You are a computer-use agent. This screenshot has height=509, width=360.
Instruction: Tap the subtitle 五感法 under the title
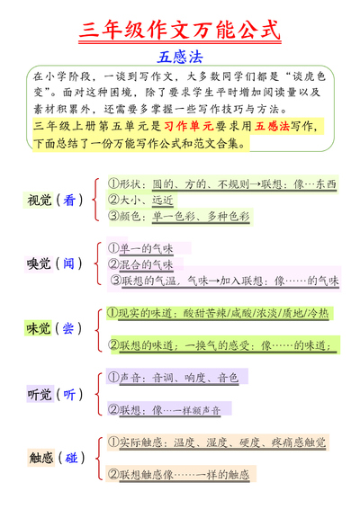[180, 56]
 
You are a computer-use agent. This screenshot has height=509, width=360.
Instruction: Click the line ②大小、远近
[140, 200]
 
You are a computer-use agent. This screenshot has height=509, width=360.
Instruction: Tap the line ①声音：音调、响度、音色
[173, 378]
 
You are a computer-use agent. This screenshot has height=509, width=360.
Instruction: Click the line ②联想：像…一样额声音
[169, 409]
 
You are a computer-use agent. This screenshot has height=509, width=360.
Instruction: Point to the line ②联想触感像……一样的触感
[178, 474]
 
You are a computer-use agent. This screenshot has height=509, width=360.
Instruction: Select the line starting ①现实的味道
[217, 313]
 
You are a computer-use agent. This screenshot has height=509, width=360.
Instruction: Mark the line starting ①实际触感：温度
[216, 442]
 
